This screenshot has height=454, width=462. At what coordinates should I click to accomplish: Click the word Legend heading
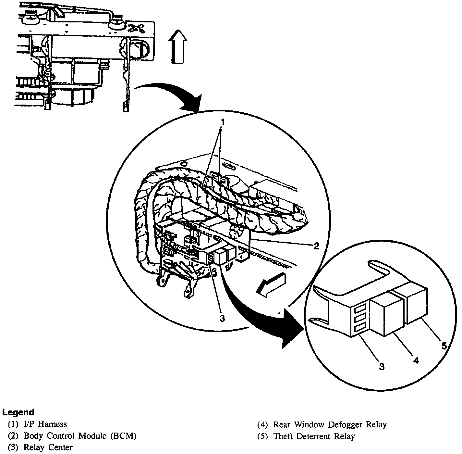coord(18,412)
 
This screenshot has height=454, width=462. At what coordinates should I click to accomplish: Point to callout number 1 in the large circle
coord(223,122)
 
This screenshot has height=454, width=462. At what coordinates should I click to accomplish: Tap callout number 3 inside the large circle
coord(222,318)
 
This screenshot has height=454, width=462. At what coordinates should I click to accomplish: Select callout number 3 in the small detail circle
coord(382,367)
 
